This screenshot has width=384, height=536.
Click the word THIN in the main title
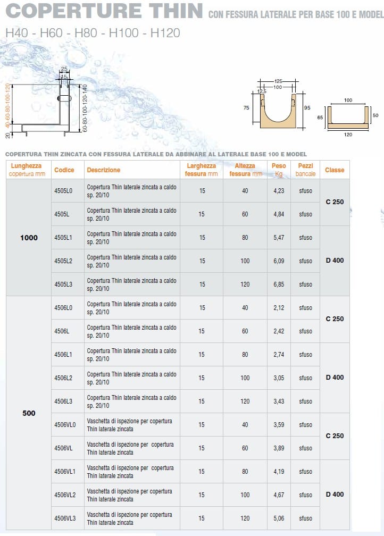170,11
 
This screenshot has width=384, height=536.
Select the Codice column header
64,170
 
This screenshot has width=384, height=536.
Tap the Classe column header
335,170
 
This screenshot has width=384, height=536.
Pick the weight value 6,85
279,284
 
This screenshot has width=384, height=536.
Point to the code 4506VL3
65,518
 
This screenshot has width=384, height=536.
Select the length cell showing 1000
29,238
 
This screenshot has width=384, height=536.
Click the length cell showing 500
29,413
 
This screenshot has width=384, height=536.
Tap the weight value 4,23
279,191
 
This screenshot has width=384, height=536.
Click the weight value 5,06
279,518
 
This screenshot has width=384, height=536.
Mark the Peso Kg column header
279,170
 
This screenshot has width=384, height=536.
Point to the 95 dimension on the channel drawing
307,108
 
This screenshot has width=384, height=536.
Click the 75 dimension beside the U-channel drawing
246,108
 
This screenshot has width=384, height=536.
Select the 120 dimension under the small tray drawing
348,135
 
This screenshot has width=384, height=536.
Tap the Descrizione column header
104,170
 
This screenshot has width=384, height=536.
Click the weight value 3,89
279,448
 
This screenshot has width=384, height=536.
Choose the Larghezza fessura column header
202,170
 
